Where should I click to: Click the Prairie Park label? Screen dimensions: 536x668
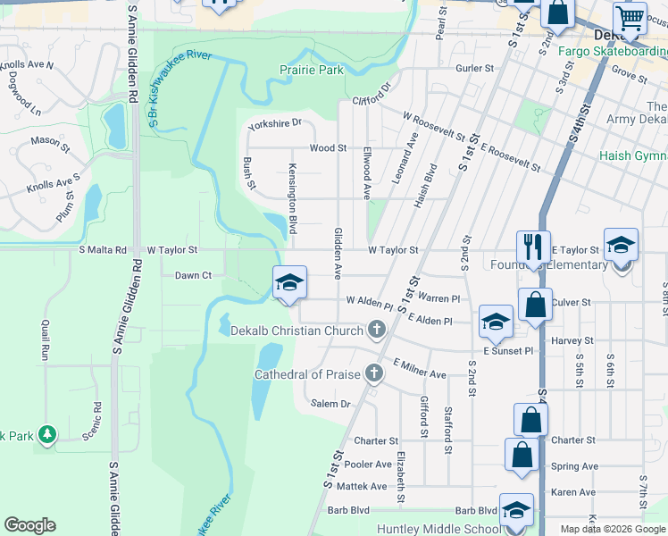pos(312,69)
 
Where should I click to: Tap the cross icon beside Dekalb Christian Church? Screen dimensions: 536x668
pos(377,331)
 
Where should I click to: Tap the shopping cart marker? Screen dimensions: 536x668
pos(630,18)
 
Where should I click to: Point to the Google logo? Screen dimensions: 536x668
pos(29,525)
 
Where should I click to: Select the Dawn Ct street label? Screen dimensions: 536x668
pos(193,275)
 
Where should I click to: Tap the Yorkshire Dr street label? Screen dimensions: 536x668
pos(276,123)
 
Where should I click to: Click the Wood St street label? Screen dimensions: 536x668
pos(328,147)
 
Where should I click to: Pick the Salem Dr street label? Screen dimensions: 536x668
pos(330,404)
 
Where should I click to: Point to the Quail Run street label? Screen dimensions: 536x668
pos(44,339)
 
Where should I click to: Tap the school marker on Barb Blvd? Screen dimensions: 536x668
pos(516,509)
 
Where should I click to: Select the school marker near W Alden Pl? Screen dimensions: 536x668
pos(289,282)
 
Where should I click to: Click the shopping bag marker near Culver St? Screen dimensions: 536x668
pos(534,305)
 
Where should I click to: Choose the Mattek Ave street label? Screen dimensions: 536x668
pos(367,486)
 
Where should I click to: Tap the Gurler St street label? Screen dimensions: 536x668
pos(474,68)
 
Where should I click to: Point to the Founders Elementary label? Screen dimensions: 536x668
pos(548,264)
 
